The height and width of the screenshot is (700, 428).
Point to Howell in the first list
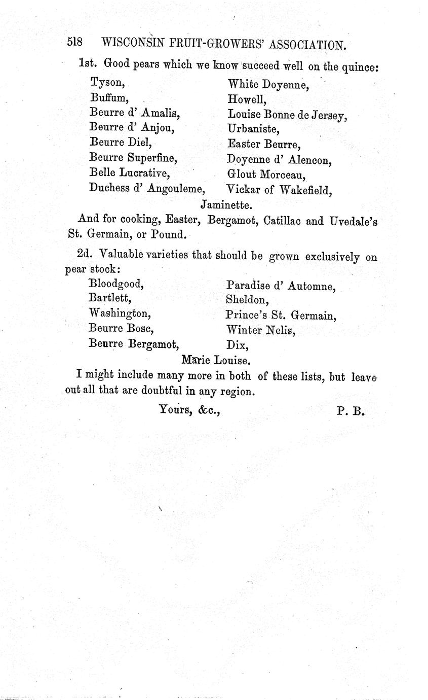click(247, 100)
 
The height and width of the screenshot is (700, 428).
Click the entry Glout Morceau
click(266, 176)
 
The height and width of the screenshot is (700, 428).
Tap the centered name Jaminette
click(226, 205)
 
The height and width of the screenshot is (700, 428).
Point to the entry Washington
click(120, 313)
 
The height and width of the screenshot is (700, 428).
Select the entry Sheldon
click(247, 300)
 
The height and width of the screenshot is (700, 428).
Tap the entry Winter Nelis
click(260, 331)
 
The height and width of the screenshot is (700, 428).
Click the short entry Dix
click(237, 345)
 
